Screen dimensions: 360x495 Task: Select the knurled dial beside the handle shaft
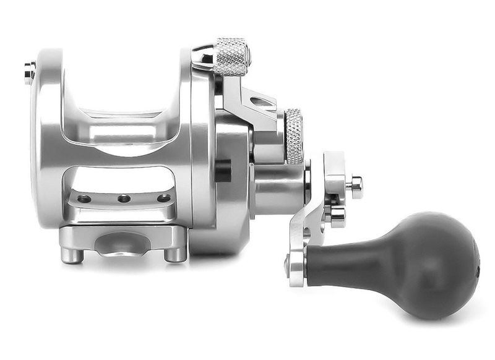pos(294,136)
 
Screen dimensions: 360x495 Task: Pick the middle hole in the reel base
pos(124,199)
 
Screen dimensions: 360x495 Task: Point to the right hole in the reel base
pos(163,199)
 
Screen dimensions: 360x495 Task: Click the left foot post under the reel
pos(72,254)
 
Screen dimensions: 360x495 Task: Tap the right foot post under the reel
pos(176,254)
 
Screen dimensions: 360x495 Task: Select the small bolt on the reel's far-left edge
pos(29,73)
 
